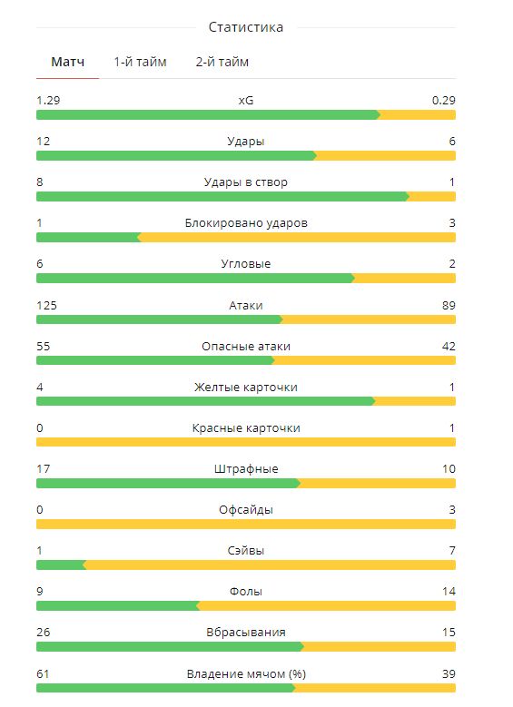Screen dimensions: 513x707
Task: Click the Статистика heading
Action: pyautogui.click(x=246, y=27)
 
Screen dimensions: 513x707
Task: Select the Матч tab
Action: pyautogui.click(x=68, y=62)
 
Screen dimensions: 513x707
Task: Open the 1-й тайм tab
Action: pyautogui.click(x=140, y=62)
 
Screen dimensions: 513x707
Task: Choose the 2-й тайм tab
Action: pyautogui.click(x=222, y=62)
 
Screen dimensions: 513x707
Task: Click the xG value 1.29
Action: pyautogui.click(x=48, y=100)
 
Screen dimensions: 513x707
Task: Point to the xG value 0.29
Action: pyautogui.click(x=443, y=100)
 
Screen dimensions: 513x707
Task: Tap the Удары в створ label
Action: pyautogui.click(x=246, y=182)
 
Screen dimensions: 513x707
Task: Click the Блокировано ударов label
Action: pyautogui.click(x=246, y=222)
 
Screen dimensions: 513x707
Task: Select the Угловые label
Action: pyautogui.click(x=246, y=264)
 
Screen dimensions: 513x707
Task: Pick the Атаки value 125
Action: pyautogui.click(x=46, y=305)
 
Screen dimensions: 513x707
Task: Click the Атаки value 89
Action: pyautogui.click(x=449, y=305)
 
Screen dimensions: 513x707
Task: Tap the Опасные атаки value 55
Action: pyautogui.click(x=44, y=347)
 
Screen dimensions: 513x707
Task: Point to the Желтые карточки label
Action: pyautogui.click(x=246, y=388)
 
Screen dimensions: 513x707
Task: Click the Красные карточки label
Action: pyautogui.click(x=246, y=427)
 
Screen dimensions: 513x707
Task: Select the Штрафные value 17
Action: pyautogui.click(x=44, y=469)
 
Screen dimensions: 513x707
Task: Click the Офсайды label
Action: pyautogui.click(x=246, y=510)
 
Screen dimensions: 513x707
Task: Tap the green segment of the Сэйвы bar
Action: pyautogui.click(x=61, y=565)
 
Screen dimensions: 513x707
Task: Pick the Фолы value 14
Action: pyautogui.click(x=449, y=591)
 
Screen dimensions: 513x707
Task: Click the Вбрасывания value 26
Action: pyautogui.click(x=44, y=633)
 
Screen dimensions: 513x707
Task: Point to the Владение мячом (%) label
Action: pyautogui.click(x=246, y=674)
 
